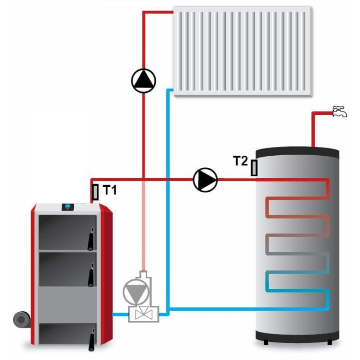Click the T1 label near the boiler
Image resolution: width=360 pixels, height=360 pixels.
click(110, 190)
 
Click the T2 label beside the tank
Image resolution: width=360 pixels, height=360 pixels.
click(240, 161)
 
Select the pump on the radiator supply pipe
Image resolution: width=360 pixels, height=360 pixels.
click(144, 81)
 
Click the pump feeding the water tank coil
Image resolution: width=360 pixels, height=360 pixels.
click(205, 180)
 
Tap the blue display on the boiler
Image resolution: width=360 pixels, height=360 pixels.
click(67, 207)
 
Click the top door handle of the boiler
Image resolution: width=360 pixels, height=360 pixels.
click(91, 238)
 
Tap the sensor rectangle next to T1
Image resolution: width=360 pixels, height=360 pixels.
click(95, 192)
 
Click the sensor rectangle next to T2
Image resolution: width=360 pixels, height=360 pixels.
click(254, 167)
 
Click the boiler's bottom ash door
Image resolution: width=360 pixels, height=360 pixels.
click(65, 334)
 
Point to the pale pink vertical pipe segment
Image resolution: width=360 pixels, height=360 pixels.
click(144, 225)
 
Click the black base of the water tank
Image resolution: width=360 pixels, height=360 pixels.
click(297, 337)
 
